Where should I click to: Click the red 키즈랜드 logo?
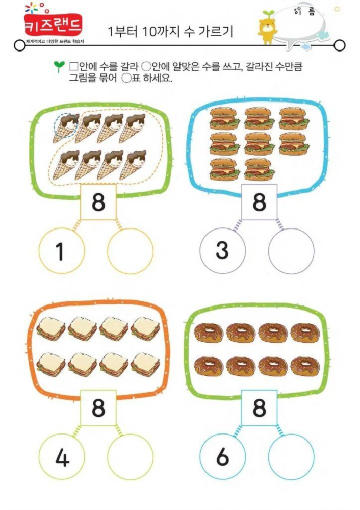click(54, 25)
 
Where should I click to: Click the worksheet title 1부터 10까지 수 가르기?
click(170, 32)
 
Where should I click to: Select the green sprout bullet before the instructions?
click(59, 66)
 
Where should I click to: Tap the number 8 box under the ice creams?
click(98, 202)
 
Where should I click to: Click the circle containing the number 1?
click(62, 251)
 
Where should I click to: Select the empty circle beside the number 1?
click(130, 251)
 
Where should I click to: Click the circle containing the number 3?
click(222, 251)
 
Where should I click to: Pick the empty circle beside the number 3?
click(291, 251)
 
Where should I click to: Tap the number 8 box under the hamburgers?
click(259, 202)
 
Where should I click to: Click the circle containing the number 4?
click(62, 456)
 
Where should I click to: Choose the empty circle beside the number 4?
click(130, 456)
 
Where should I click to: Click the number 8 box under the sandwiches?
click(98, 408)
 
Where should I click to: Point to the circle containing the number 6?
click(222, 456)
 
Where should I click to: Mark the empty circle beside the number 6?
click(291, 456)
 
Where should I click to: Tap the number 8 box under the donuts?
click(259, 408)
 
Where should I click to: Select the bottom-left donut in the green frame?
click(209, 367)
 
